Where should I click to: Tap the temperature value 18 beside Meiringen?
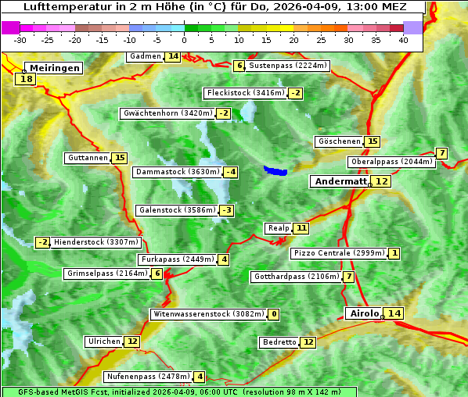27,79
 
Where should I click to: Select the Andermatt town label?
340,181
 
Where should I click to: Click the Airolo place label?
364,313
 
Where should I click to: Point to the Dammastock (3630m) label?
176,172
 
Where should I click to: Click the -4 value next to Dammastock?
230,172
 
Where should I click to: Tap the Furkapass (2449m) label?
177,259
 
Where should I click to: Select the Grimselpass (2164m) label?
106,274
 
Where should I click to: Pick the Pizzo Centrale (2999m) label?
338,253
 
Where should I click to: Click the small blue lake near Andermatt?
275,170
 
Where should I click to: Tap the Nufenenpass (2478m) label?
148,377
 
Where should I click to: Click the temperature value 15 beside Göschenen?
372,141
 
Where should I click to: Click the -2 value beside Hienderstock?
43,242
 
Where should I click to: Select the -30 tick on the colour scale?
20,40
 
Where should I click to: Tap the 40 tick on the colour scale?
403,40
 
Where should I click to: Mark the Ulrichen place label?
104,342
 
